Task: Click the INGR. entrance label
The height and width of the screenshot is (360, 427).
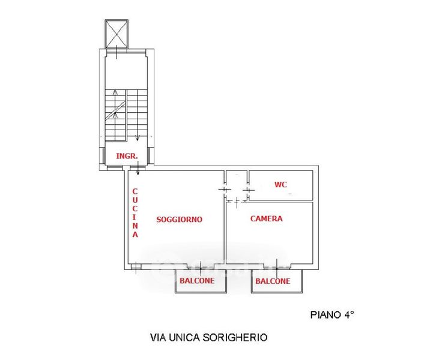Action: click(127, 156)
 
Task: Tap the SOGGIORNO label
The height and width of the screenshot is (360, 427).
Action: click(179, 220)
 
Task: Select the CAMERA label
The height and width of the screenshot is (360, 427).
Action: click(266, 219)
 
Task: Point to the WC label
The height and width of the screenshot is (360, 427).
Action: click(280, 184)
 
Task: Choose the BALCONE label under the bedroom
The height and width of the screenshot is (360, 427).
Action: click(273, 281)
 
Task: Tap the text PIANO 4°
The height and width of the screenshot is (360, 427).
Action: click(332, 314)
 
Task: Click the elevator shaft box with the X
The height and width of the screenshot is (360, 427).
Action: click(117, 33)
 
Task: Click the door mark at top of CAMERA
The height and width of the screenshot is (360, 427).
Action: click(238, 200)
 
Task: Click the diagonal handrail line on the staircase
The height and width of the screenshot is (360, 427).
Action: click(115, 112)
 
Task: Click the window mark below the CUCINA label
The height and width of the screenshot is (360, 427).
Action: click(136, 266)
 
